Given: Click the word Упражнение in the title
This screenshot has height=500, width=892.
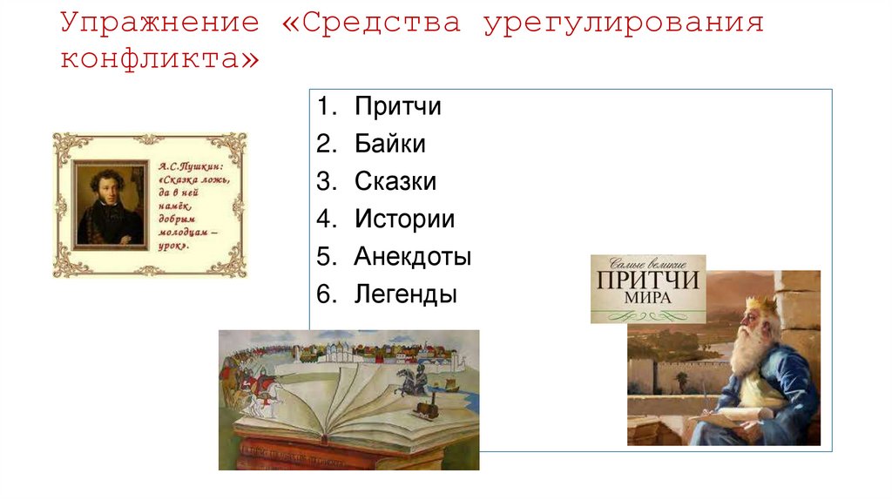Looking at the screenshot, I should click(x=160, y=24).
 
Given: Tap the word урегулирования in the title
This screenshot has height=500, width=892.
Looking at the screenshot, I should click(x=623, y=24).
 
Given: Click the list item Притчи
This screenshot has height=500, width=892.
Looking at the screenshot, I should click(x=397, y=107).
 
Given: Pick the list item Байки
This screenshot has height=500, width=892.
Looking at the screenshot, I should click(x=389, y=145).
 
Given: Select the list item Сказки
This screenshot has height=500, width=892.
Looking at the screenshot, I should click(x=395, y=182).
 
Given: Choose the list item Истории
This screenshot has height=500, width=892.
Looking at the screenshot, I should click(x=404, y=220).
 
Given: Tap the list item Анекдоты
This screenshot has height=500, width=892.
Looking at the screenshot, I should click(x=412, y=257).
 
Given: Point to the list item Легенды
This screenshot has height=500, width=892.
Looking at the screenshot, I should click(x=405, y=294).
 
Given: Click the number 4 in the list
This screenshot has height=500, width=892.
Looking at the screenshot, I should click(x=324, y=220).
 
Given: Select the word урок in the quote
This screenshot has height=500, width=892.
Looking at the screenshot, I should click(x=174, y=246).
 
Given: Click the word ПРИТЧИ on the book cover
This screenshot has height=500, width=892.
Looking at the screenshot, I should click(x=648, y=280).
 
